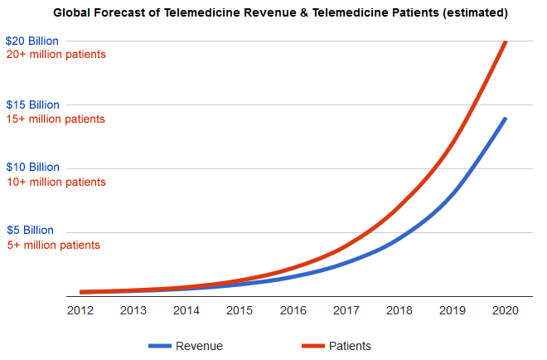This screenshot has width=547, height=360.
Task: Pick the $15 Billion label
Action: [32, 105]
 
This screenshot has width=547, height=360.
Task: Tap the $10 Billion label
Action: [32, 167]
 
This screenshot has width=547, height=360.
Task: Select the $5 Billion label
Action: [30, 230]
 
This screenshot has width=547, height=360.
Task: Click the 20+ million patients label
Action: [56, 54]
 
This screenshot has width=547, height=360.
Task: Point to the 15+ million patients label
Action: [56, 119]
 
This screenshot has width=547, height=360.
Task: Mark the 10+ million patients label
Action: [56, 182]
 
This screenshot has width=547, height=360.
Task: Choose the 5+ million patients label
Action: [53, 245]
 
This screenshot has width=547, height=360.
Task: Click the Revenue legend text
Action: [199, 346]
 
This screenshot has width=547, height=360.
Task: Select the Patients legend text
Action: [349, 346]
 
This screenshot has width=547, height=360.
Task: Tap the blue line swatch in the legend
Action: [159, 346]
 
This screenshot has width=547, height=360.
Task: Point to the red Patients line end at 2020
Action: [506, 41]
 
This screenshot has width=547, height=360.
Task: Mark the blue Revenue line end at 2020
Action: [505, 119]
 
